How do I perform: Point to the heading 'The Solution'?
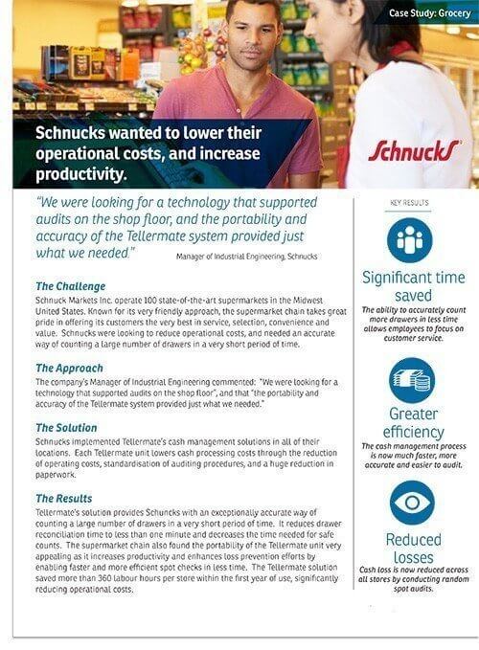[66, 428]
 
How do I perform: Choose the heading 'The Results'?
[64, 499]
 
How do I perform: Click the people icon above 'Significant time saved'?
[411, 241]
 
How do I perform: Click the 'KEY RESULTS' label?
[409, 204]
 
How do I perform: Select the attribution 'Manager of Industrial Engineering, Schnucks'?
[247, 257]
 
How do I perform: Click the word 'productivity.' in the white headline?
[81, 175]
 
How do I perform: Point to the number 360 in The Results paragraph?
[120, 580]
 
